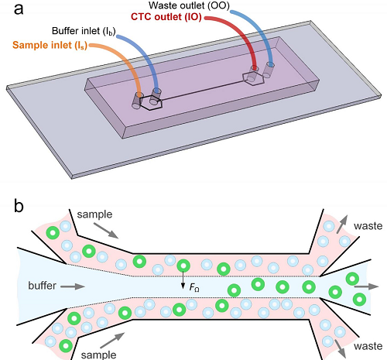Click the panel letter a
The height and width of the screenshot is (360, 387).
(x=19, y=10)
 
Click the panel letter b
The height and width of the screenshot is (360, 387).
(x=19, y=206)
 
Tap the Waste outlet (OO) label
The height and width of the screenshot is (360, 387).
(x=189, y=5)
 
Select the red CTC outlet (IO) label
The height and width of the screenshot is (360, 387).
(x=166, y=17)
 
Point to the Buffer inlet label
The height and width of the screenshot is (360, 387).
(x=84, y=31)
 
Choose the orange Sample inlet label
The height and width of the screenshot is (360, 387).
(x=50, y=46)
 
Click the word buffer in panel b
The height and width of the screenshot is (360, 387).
(x=42, y=286)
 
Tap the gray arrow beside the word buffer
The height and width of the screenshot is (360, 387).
(x=73, y=286)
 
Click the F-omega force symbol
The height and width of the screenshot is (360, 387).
(x=194, y=287)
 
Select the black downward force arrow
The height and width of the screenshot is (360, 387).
(x=183, y=279)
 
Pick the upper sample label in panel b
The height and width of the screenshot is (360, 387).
(x=94, y=214)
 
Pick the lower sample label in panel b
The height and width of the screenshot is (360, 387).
(x=98, y=355)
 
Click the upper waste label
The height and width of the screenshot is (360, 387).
(x=368, y=226)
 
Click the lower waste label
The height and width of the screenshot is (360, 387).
(x=368, y=346)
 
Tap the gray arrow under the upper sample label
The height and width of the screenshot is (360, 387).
(x=105, y=231)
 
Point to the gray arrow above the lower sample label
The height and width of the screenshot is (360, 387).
(x=112, y=340)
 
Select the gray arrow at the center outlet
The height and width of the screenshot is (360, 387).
(x=366, y=286)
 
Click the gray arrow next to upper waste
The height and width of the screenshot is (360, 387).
(x=341, y=224)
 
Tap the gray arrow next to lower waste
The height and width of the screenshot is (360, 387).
(x=341, y=348)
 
